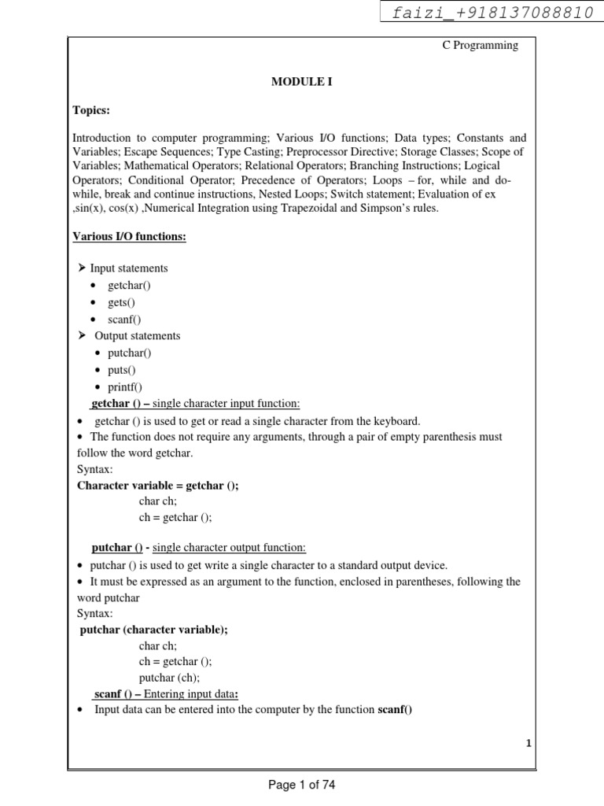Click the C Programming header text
[480, 45]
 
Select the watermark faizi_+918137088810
[493, 13]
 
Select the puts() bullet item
[122, 370]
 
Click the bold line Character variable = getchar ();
[157, 486]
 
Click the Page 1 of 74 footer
[301, 784]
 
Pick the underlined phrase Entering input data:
[190, 693]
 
